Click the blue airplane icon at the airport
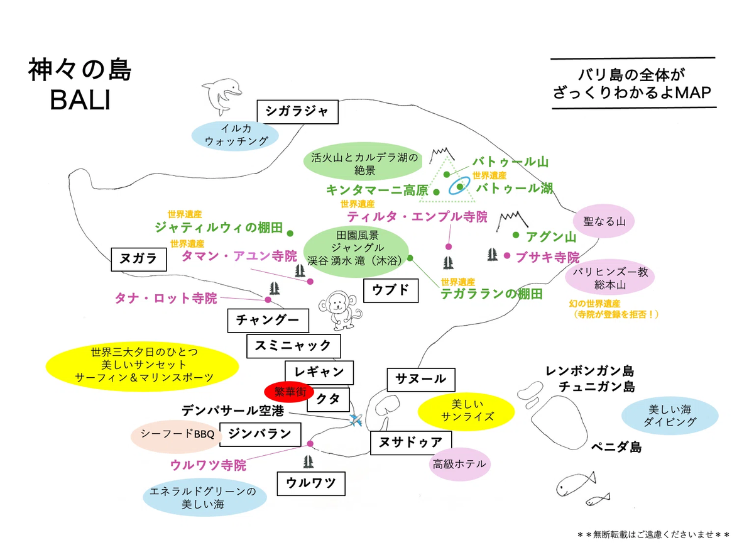356,419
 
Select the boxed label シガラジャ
297,111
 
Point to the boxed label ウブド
391,290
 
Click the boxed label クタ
328,398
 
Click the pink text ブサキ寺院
547,257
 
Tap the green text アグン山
551,236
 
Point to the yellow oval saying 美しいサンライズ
466,410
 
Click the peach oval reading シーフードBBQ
178,434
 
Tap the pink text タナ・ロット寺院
166,298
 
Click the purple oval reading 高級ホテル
459,465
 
